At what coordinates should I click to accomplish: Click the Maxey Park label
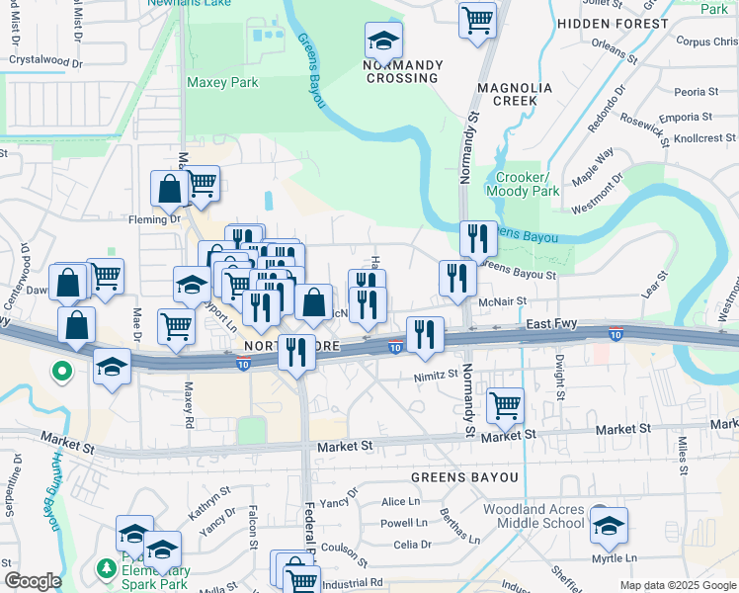tap(222, 83)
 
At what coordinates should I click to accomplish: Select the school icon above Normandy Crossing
tap(383, 41)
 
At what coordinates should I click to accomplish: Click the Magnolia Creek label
tap(507, 94)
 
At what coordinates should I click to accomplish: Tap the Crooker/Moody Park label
tap(521, 184)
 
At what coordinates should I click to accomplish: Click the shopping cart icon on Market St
tap(505, 403)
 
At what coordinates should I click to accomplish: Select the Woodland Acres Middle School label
tap(534, 516)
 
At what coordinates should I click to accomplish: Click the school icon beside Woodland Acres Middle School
tap(609, 526)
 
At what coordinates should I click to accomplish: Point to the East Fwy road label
tap(550, 324)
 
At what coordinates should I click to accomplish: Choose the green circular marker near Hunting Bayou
tap(61, 373)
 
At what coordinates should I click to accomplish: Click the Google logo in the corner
tap(32, 581)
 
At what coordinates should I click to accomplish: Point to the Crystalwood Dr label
tap(44, 59)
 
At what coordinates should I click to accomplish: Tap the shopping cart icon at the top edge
tap(477, 18)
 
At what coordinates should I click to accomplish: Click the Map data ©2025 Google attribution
tap(677, 585)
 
